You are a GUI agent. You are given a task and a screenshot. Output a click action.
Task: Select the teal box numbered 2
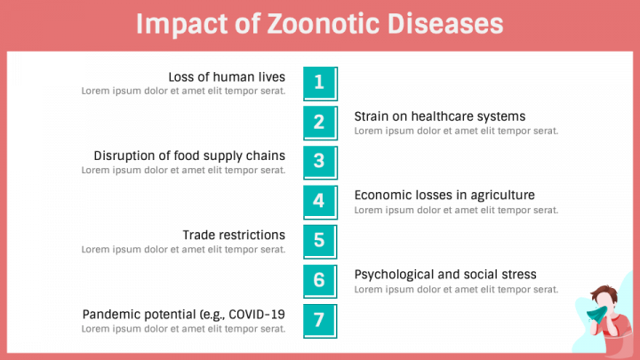click(320, 123)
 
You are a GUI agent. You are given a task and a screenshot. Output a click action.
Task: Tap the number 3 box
click(320, 162)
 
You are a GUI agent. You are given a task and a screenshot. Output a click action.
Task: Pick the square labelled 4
click(320, 202)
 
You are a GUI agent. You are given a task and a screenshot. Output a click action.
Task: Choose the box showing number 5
click(320, 241)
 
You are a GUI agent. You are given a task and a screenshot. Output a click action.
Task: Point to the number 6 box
click(320, 281)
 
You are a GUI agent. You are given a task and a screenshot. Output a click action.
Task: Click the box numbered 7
click(320, 320)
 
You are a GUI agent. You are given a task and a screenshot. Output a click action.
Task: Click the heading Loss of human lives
click(227, 76)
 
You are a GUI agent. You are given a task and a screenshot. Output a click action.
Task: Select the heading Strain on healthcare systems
click(440, 116)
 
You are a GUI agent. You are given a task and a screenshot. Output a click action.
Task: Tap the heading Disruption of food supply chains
click(189, 156)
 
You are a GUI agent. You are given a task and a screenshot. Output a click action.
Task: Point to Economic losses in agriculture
click(444, 196)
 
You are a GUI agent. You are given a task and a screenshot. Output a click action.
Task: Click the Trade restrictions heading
click(234, 235)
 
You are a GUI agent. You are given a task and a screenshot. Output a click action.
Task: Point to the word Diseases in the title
click(445, 23)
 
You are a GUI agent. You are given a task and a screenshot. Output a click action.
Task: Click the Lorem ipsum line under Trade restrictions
click(184, 250)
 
